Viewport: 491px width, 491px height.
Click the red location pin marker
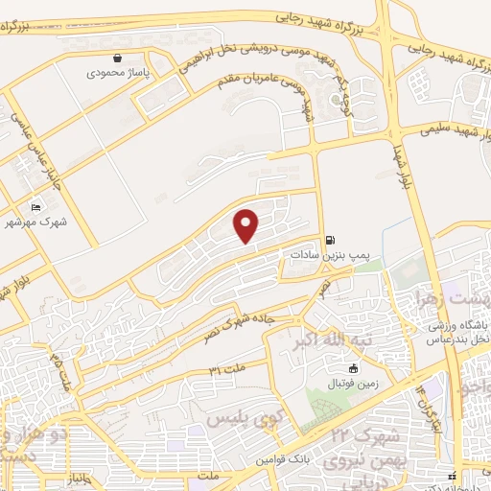pos(246,226)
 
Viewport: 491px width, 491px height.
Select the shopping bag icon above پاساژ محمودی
pos(117,58)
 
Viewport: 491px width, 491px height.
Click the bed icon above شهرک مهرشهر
pos(36,207)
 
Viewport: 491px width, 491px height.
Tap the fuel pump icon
pos(331,240)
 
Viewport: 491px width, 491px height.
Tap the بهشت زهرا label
pos(451,299)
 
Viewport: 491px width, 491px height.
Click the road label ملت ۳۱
pos(222,369)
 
